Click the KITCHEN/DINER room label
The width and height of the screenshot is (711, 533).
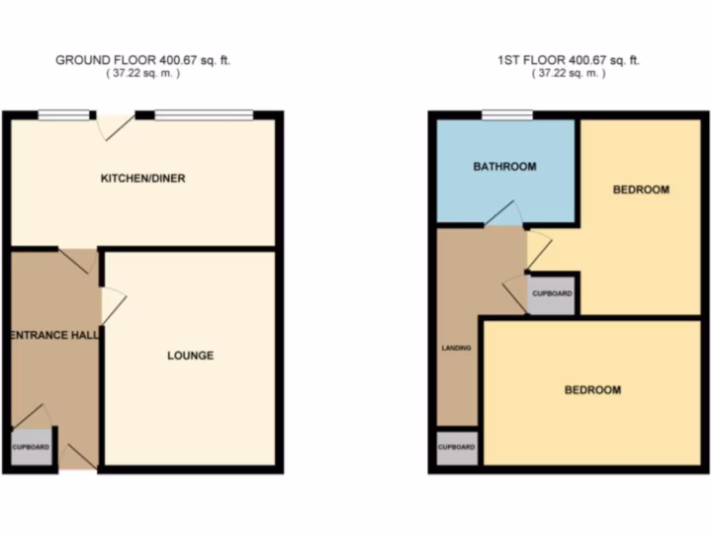(x=143, y=178)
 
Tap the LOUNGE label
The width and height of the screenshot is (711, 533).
(x=190, y=356)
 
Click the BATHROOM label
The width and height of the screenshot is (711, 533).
(x=505, y=167)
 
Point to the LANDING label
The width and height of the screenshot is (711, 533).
(x=456, y=348)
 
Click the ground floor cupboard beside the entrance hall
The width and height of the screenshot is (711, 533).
(x=31, y=447)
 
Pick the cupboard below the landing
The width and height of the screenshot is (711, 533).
(x=457, y=447)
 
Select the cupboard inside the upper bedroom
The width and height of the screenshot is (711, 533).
(x=552, y=294)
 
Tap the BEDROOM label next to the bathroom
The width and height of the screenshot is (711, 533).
(x=641, y=189)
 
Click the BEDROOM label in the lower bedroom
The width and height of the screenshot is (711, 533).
(x=592, y=390)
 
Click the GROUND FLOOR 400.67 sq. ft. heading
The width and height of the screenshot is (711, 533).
(x=142, y=60)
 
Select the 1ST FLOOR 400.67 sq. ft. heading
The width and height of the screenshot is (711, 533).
(x=569, y=60)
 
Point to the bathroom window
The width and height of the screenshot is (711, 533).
(x=508, y=115)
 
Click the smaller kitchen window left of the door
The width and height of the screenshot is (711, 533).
(x=64, y=115)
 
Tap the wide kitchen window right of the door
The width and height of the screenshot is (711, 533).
(x=203, y=115)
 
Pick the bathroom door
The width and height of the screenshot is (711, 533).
(x=503, y=214)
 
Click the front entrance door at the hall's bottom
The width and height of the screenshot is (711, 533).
(x=78, y=458)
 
